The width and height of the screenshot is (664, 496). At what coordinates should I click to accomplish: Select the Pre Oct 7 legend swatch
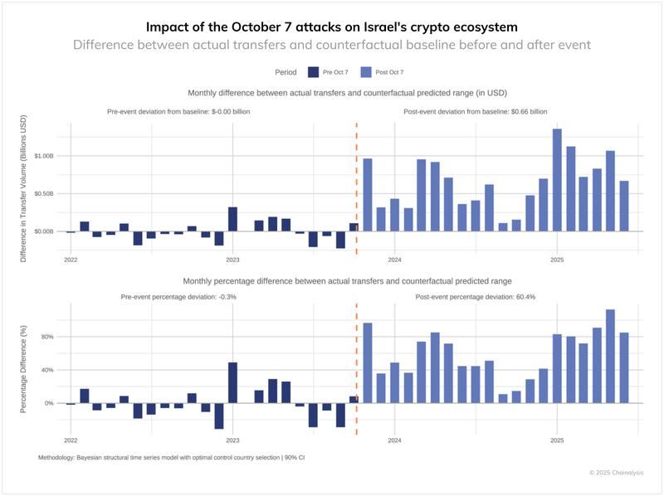(313, 72)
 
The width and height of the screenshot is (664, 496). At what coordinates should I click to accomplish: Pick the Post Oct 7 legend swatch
(369, 72)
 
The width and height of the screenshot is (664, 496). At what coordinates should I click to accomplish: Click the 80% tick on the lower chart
(48, 337)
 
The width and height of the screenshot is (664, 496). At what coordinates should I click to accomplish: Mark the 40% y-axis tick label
(48, 370)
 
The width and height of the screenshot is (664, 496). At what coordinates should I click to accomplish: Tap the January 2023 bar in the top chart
(233, 219)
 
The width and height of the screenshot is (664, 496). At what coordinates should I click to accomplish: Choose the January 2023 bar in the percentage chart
(233, 383)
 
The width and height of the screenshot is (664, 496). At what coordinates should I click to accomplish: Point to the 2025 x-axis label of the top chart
(556, 258)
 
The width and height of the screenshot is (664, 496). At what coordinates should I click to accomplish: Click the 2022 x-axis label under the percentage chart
(71, 440)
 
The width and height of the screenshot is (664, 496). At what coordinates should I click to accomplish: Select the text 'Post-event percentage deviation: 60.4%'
(475, 296)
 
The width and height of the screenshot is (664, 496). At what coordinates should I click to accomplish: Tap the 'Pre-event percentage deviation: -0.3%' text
(178, 296)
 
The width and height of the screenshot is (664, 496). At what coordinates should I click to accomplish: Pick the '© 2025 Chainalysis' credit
(616, 472)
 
